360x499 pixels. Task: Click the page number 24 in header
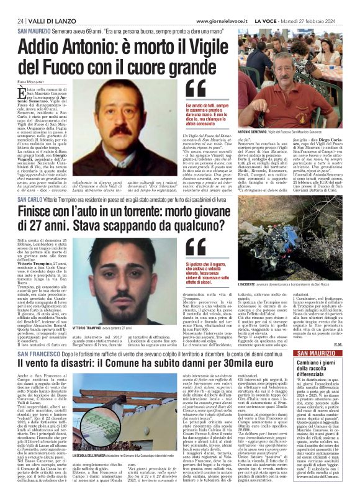(21, 21)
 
